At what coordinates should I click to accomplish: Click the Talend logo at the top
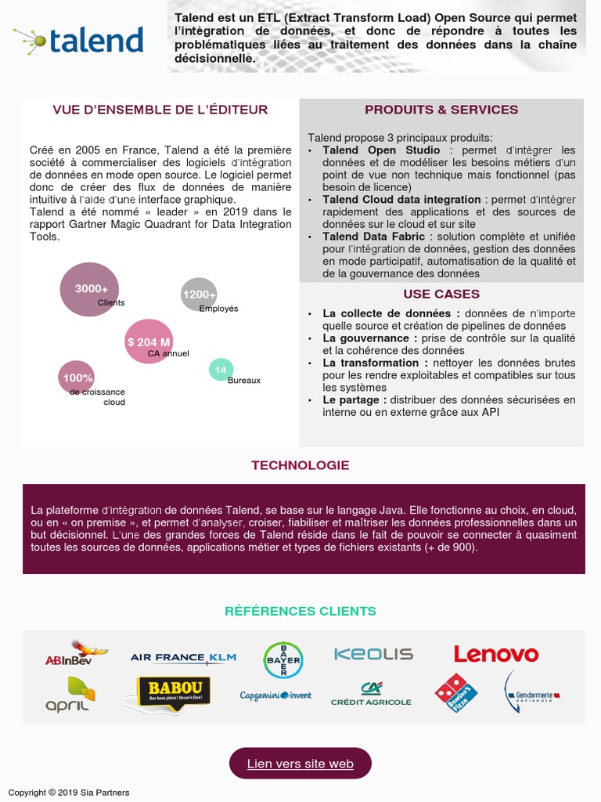79,39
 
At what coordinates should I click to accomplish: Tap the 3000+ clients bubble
89,289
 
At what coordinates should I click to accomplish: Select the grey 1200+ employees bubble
199,294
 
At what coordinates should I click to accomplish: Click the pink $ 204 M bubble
149,341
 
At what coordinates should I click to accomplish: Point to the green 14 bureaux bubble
221,370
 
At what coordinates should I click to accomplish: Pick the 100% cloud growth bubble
76,378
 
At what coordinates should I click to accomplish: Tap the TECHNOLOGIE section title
300,465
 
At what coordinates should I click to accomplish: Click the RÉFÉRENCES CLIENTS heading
300,611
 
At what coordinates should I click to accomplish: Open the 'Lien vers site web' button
300,764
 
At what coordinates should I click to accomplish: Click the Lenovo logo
496,654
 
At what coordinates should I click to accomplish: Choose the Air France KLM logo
183,658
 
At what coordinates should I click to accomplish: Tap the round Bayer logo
282,659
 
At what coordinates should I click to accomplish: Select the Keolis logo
373,654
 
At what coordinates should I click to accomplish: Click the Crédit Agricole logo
371,694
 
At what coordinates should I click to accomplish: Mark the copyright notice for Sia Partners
69,793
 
